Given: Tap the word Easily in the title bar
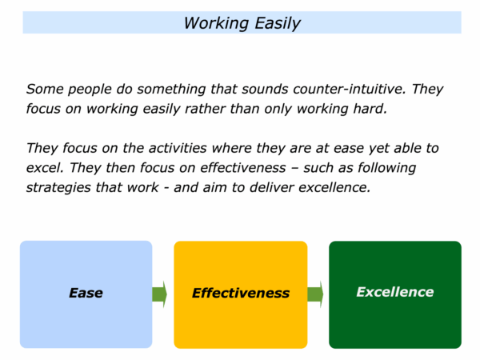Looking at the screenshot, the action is click(278, 24).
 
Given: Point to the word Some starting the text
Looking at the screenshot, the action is click(45, 89).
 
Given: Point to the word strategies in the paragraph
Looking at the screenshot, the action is click(58, 188).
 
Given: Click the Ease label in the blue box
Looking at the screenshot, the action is click(86, 293).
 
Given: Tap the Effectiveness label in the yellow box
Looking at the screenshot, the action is click(241, 293).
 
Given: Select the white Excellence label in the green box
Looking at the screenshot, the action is click(395, 292).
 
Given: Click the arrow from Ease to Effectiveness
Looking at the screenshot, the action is click(159, 294).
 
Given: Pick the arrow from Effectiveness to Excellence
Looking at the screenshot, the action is click(315, 294).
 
